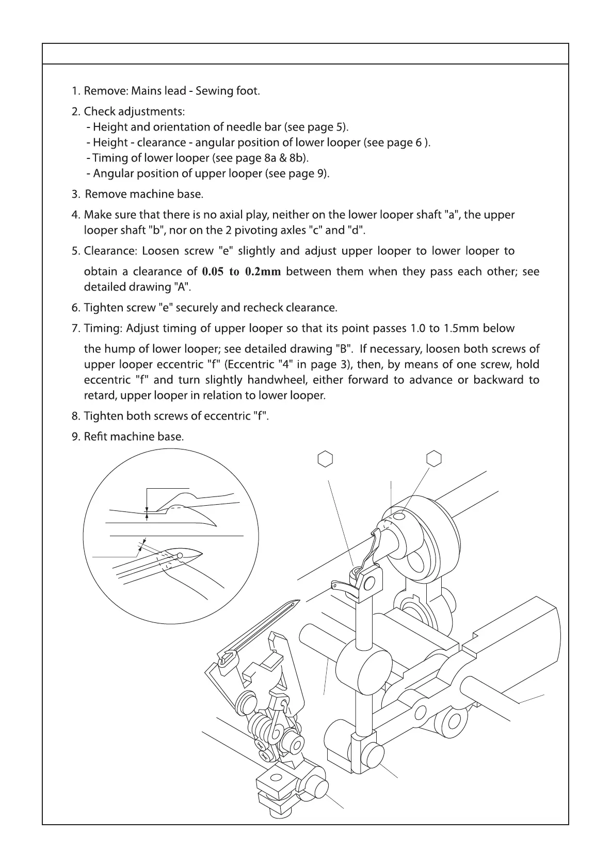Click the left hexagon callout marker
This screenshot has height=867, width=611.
tap(325, 458)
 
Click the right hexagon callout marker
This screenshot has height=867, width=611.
tap(434, 458)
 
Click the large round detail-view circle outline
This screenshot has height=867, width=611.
tap(84, 537)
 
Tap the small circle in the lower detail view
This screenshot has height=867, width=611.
tap(180, 555)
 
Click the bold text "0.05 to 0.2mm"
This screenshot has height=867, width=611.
tap(242, 272)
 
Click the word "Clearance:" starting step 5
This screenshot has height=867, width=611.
tap(110, 251)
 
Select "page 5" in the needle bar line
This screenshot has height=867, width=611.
tap(327, 127)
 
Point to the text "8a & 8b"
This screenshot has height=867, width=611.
tap(284, 158)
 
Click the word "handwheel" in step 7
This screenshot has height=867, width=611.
tap(275, 380)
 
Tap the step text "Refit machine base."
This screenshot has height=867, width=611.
tap(134, 437)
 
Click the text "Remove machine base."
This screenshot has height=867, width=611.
tap(144, 195)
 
